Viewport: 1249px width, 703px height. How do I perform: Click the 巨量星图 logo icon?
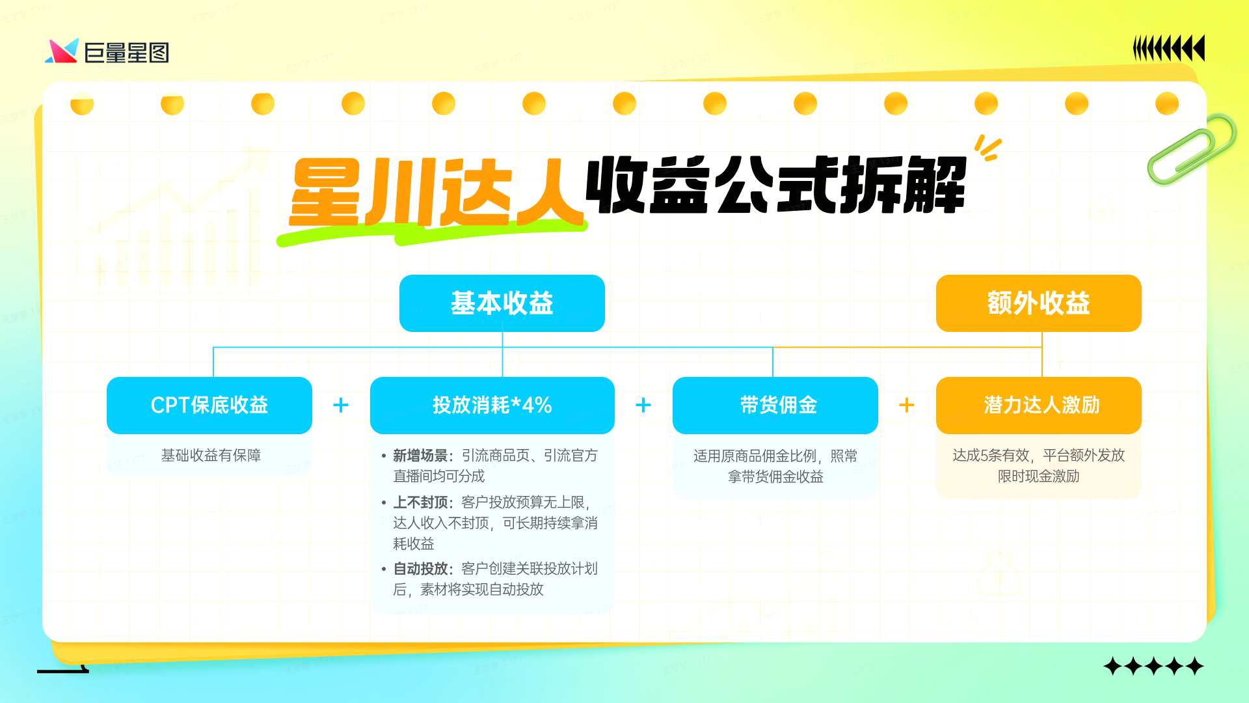[x=62, y=51]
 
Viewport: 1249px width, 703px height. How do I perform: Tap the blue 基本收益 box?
[x=502, y=303]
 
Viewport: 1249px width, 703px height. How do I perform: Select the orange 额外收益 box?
[x=1038, y=303]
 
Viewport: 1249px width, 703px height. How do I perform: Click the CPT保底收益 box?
[x=209, y=405]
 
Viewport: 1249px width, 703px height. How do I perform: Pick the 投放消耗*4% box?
[x=492, y=405]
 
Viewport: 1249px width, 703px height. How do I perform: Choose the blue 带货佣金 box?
[x=775, y=405]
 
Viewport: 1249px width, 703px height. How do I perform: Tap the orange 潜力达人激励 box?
[x=1038, y=405]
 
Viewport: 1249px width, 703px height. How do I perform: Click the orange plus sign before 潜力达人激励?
[x=906, y=405]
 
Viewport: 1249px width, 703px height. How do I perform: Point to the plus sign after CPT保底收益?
[x=340, y=405]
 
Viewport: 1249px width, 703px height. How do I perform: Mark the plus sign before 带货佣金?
[x=643, y=405]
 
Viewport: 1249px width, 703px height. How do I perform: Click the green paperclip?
[x=1192, y=148]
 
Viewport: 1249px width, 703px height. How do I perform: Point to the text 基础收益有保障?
[x=211, y=456]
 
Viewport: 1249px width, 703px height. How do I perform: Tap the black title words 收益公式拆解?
[x=775, y=186]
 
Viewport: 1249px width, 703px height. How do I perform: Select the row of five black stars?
[x=1153, y=667]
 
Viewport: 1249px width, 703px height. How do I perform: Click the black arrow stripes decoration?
[x=1168, y=48]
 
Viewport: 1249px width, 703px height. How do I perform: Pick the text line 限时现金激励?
[x=1038, y=476]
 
